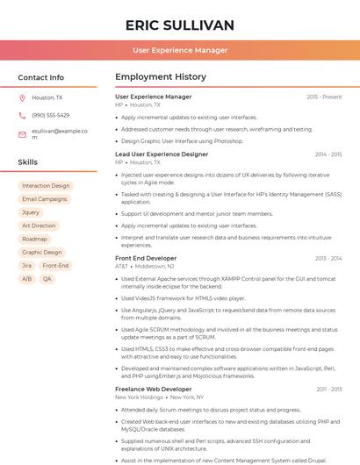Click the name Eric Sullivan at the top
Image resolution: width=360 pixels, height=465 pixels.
(180, 25)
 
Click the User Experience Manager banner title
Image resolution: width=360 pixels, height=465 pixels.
(180, 50)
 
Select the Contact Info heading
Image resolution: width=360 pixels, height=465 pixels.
(41, 77)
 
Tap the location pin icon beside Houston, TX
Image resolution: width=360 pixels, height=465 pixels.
(22, 98)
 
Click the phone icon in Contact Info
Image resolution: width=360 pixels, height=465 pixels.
(22, 116)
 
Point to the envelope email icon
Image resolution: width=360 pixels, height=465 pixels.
(22, 134)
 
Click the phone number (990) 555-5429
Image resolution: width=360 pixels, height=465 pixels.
(51, 116)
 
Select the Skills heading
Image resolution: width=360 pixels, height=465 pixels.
(28, 162)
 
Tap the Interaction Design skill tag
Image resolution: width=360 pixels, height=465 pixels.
(46, 186)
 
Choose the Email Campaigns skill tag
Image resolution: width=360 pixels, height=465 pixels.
(44, 199)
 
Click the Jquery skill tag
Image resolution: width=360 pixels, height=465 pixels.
(31, 212)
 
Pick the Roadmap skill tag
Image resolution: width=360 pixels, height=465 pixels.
(34, 239)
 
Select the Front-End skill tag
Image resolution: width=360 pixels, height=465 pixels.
(55, 265)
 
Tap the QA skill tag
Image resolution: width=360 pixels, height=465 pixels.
(47, 279)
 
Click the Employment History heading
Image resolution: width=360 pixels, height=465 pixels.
(161, 77)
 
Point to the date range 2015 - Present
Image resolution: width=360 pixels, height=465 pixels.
(324, 97)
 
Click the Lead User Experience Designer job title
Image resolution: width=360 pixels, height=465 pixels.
(162, 154)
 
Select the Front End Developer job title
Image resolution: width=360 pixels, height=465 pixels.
(146, 258)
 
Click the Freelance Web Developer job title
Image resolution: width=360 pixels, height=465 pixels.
(154, 389)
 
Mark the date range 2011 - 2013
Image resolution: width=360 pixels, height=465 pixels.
(328, 389)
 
